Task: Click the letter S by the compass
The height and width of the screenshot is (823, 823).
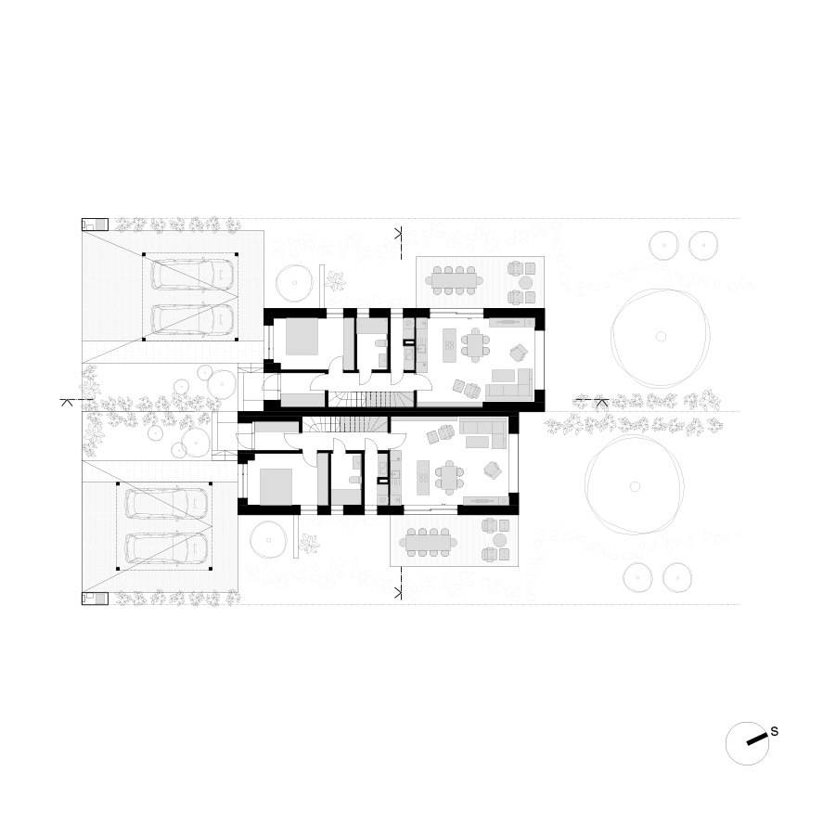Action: tap(774, 731)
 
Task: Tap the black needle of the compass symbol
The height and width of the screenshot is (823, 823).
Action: tap(756, 739)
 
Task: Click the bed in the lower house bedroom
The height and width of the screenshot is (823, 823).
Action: tap(276, 486)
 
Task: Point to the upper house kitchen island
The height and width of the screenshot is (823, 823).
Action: tap(450, 345)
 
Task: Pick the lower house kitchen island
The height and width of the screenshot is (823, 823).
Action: tap(424, 478)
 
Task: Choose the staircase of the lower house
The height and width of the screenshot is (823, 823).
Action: tap(346, 424)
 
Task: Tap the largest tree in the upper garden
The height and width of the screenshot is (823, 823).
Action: tap(661, 337)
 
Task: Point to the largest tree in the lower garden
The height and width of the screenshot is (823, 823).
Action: tap(635, 486)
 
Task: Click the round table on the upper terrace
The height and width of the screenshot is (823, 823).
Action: tap(525, 283)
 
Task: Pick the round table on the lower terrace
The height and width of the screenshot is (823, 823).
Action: tap(499, 540)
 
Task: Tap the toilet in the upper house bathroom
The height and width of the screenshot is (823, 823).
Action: tap(380, 344)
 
